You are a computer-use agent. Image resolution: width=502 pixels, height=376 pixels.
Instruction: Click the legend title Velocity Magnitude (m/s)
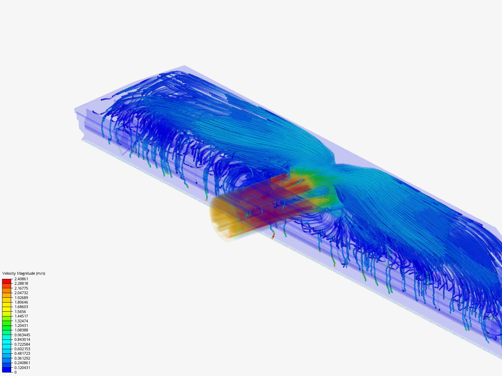pyautogui.click(x=24, y=273)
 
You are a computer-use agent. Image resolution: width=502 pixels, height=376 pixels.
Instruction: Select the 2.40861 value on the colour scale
pyautogui.click(x=21, y=279)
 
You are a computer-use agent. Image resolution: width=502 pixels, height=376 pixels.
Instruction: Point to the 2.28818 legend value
pyautogui.click(x=21, y=283)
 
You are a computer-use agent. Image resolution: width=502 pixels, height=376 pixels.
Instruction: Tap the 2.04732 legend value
pyautogui.click(x=21, y=293)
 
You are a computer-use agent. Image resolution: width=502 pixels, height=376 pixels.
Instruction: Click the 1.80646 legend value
pyautogui.click(x=21, y=302)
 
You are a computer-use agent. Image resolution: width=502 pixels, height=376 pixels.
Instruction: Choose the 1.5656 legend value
pyautogui.click(x=20, y=312)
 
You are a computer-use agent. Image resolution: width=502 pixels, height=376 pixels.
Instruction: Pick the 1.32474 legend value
pyautogui.click(x=21, y=321)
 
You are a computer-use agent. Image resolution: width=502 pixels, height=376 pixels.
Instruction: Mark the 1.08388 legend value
pyautogui.click(x=21, y=330)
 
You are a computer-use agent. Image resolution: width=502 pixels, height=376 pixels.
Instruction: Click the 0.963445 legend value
pyautogui.click(x=22, y=335)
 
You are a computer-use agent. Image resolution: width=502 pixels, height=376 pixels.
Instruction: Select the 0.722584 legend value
pyautogui.click(x=22, y=344)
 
